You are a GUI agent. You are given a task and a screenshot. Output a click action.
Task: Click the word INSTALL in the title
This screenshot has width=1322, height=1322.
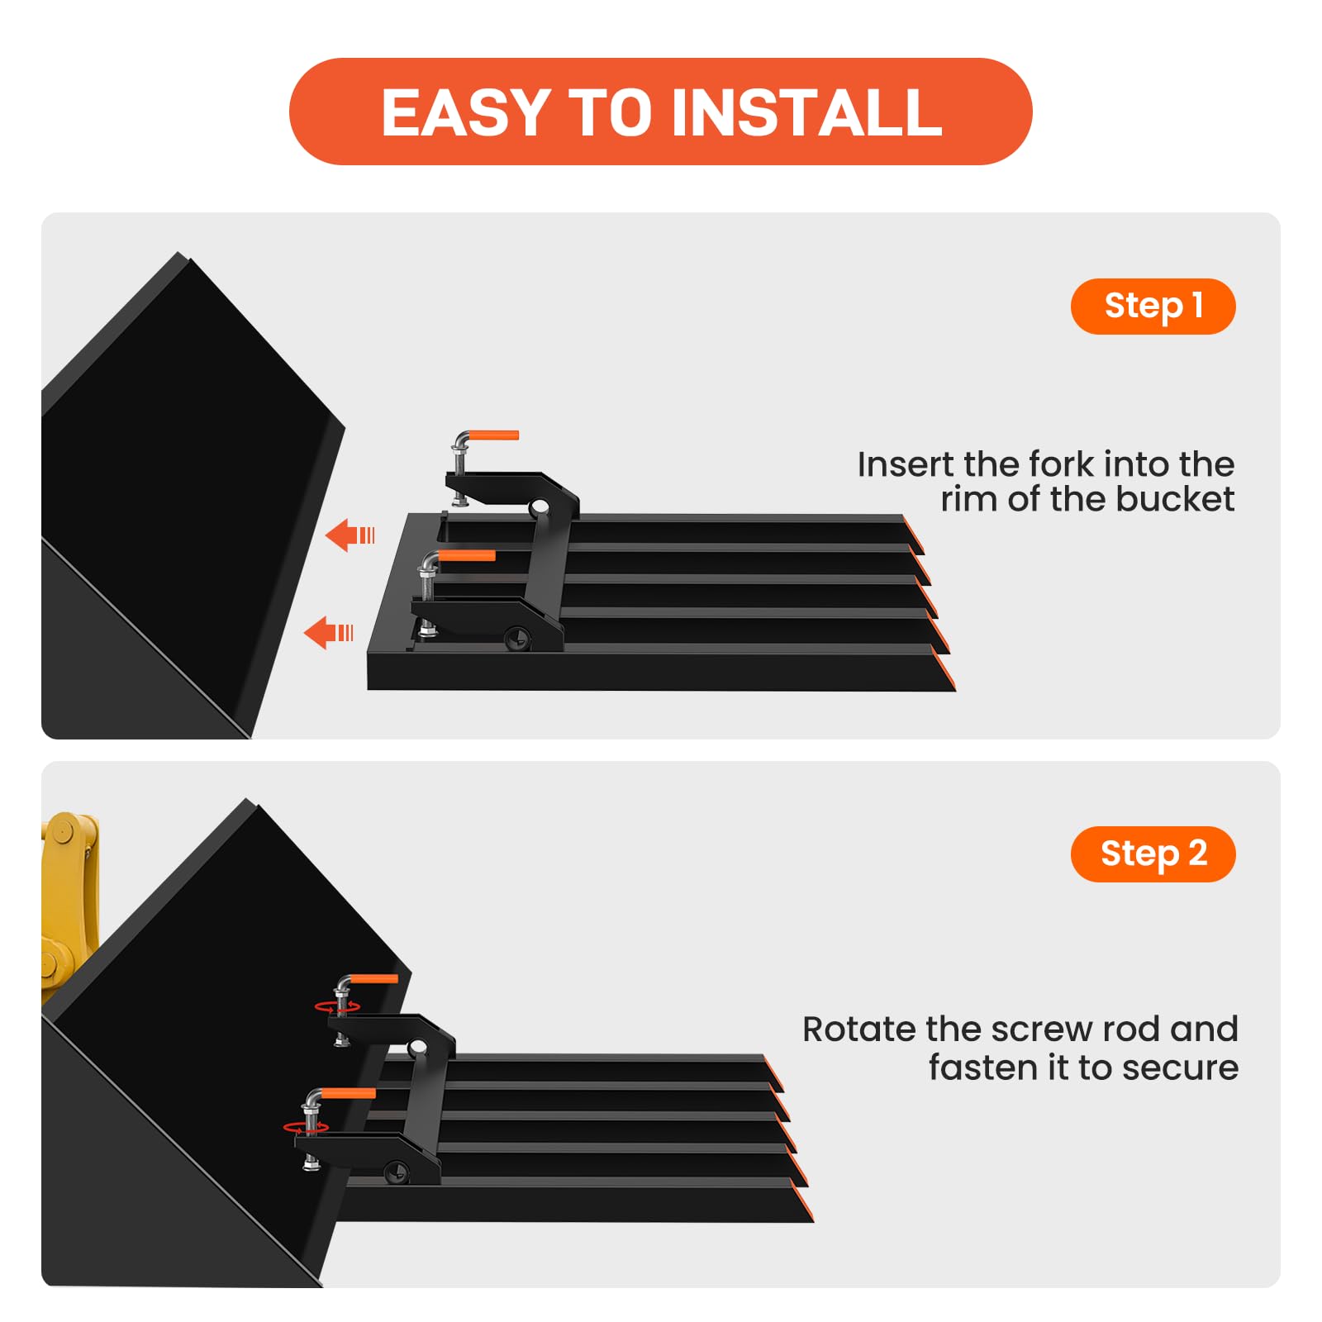tap(807, 112)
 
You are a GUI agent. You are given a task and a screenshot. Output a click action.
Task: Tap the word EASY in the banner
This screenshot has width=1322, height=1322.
tap(466, 112)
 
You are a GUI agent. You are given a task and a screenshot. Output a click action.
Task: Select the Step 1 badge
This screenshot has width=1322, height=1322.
tap(1153, 306)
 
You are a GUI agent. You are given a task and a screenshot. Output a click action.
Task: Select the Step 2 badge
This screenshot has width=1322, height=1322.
tap(1153, 854)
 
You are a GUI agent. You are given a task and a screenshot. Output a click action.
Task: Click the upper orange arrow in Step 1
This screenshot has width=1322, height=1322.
tap(350, 535)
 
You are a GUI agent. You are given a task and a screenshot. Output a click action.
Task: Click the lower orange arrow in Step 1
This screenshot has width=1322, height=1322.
tap(329, 633)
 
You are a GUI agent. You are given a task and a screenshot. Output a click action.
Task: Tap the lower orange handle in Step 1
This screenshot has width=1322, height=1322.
tap(467, 556)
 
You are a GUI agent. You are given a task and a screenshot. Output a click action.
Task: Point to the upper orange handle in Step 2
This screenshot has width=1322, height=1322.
tap(375, 979)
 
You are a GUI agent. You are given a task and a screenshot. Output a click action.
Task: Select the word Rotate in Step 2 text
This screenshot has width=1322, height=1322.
tap(860, 1030)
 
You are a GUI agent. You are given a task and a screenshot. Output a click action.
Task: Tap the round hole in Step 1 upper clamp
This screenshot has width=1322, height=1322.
tap(540, 506)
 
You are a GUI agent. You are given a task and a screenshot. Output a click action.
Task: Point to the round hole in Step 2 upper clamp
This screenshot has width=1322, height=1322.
tap(418, 1048)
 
